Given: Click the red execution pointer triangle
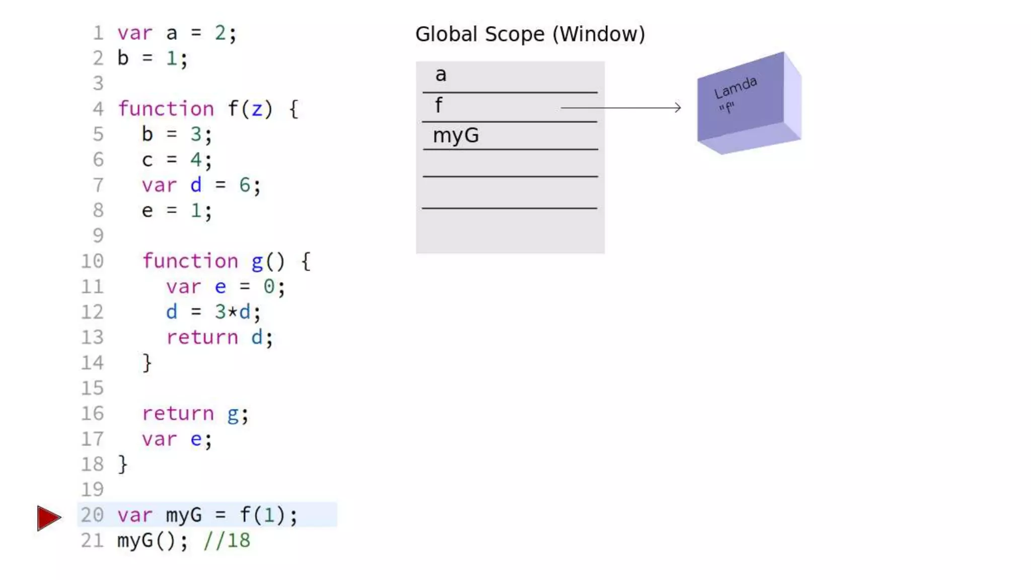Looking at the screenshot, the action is point(48,518).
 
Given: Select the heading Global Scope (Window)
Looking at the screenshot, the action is point(530,34).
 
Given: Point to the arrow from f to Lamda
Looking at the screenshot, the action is point(620,107).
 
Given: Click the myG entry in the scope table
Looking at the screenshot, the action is point(456,135).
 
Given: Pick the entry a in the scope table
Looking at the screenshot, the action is point(440,75).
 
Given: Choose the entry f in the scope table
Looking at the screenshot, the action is point(438,106).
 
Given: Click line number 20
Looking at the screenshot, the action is point(92,515).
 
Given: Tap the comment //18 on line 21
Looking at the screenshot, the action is point(227,541).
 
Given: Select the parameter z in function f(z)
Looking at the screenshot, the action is point(257,109).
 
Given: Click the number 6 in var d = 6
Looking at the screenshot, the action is point(245,185).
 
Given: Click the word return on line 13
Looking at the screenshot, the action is point(202,337).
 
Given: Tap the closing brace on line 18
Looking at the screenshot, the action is point(122,464).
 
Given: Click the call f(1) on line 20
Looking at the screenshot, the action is point(262,515).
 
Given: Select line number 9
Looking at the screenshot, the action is point(98,236).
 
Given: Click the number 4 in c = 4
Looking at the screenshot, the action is point(195,160).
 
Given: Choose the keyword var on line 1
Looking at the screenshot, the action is point(135,33).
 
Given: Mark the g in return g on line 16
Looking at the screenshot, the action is point(233,414).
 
